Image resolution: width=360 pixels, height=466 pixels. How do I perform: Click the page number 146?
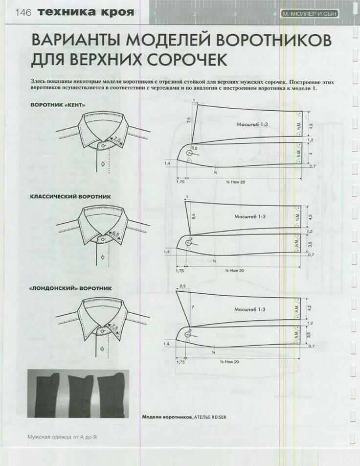pyautogui.click(x=23, y=13)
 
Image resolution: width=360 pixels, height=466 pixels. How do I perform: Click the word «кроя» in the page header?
pyautogui.click(x=117, y=12)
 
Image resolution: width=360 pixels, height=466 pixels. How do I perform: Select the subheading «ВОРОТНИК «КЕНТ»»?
pyautogui.click(x=58, y=105)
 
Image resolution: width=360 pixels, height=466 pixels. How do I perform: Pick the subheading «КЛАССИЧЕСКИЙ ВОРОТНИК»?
pyautogui.click(x=71, y=197)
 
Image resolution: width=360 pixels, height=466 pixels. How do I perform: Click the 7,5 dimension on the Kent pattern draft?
pyautogui.click(x=189, y=120)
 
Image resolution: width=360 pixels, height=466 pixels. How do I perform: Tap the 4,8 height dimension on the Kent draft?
pyautogui.click(x=310, y=125)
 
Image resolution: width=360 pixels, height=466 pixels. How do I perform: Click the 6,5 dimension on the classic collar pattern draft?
pyautogui.click(x=194, y=215)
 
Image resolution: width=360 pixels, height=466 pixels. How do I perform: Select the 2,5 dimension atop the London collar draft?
pyautogui.click(x=182, y=286)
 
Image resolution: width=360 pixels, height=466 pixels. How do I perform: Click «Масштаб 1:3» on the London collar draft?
pyautogui.click(x=250, y=309)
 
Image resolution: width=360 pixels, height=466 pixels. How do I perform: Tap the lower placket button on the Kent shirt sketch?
pyautogui.click(x=103, y=164)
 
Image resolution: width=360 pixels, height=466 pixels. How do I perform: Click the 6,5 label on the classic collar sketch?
pyautogui.click(x=116, y=234)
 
